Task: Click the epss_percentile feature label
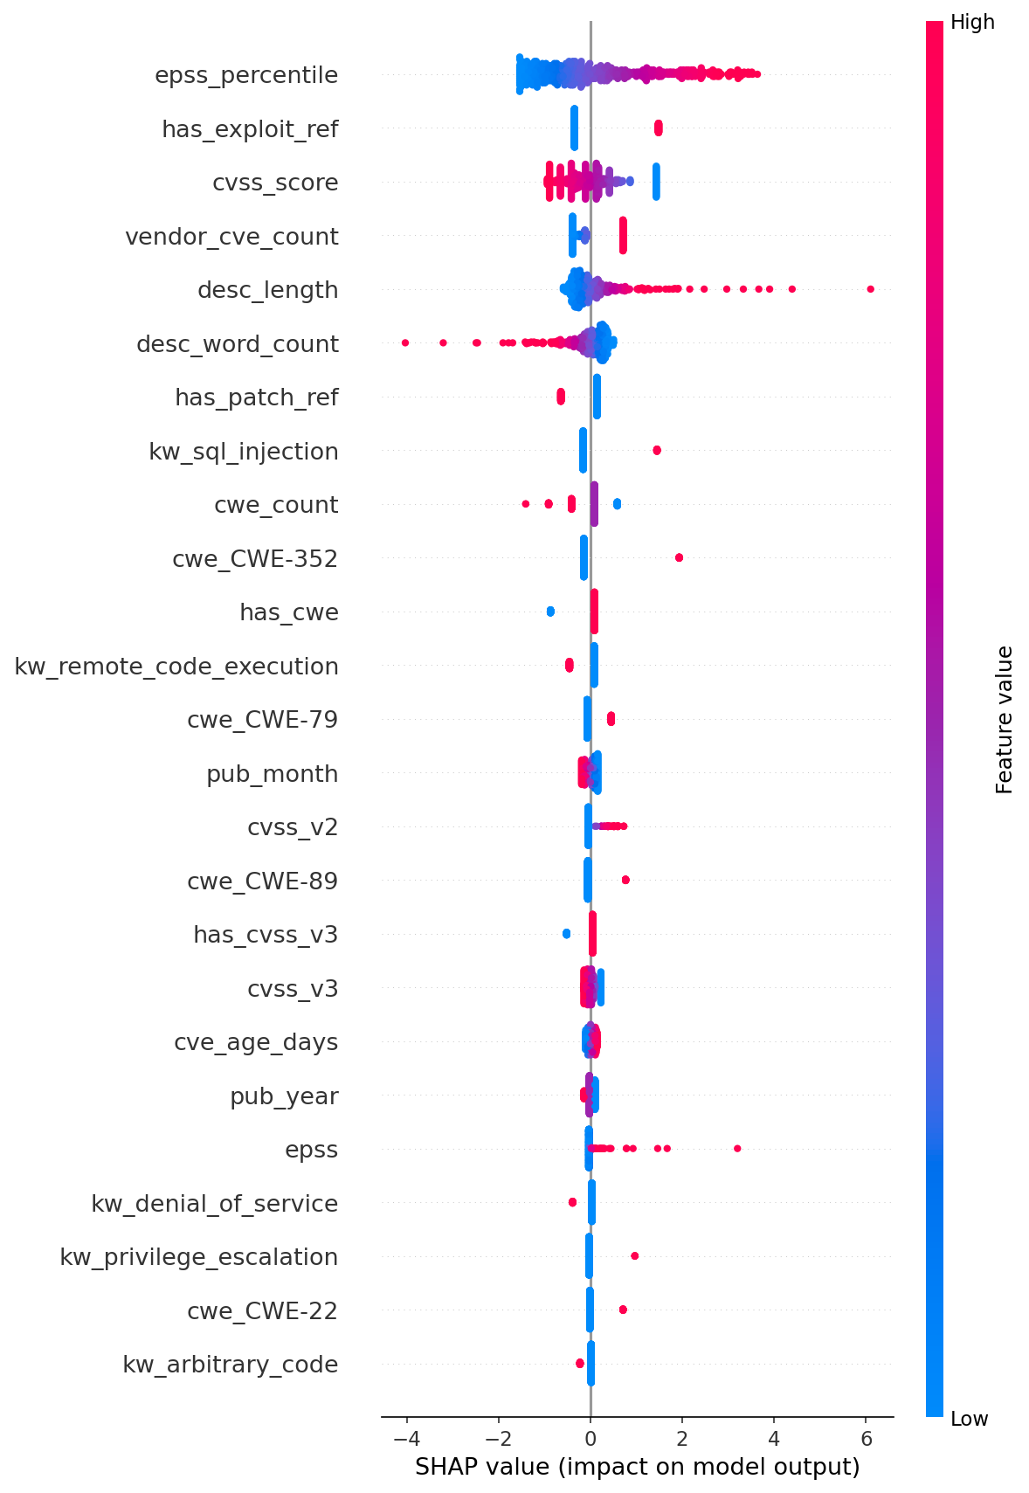pyautogui.click(x=246, y=76)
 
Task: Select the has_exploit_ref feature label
pyautogui.click(x=250, y=129)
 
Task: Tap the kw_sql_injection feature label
pyautogui.click(x=244, y=452)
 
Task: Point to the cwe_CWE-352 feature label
pyautogui.click(x=255, y=559)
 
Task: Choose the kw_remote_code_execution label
pyautogui.click(x=176, y=667)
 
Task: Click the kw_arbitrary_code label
pyautogui.click(x=230, y=1365)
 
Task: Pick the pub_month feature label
pyautogui.click(x=272, y=774)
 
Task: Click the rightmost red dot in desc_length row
pyautogui.click(x=870, y=289)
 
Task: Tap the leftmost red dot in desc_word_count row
pyautogui.click(x=405, y=342)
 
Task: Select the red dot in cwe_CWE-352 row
pyautogui.click(x=679, y=557)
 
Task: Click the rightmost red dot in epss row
pyautogui.click(x=737, y=1148)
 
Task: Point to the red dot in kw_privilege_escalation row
pyautogui.click(x=634, y=1255)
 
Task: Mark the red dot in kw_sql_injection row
pyautogui.click(x=657, y=450)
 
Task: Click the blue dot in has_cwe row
pyautogui.click(x=550, y=612)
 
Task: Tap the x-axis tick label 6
pyautogui.click(x=866, y=1439)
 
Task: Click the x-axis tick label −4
pyautogui.click(x=406, y=1439)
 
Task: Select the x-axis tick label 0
pyautogui.click(x=590, y=1439)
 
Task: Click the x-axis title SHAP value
pyautogui.click(x=637, y=1466)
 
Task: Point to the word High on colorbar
pyautogui.click(x=972, y=23)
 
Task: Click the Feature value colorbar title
pyautogui.click(x=1005, y=720)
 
